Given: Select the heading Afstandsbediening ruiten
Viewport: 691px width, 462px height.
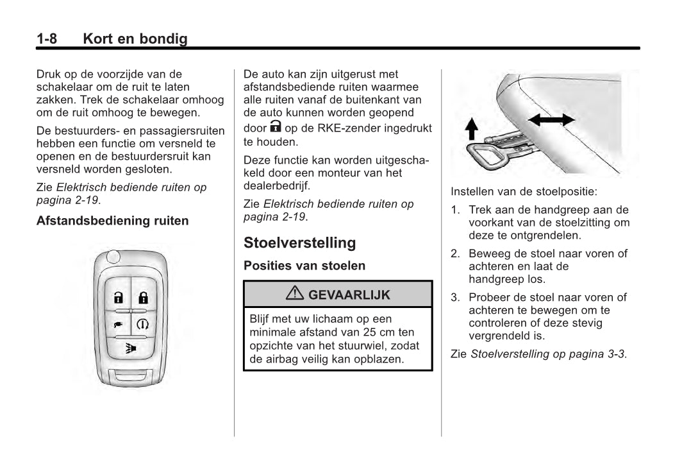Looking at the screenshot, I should click(113, 221).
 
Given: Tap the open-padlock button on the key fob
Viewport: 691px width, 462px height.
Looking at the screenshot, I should click(118, 297).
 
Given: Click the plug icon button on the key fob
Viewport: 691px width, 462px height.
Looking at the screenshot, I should click(118, 324).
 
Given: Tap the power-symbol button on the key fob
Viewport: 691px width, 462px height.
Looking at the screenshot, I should click(143, 324).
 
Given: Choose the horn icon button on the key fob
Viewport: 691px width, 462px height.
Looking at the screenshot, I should click(131, 348).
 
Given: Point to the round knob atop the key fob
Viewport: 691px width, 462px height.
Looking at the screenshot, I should click(113, 257).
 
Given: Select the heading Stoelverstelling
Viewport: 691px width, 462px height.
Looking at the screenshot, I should click(299, 243).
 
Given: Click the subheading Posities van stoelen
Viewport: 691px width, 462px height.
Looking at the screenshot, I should click(304, 266).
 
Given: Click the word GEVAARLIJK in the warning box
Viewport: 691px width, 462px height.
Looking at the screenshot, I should click(349, 295).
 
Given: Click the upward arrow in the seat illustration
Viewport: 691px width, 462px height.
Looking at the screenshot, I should click(471, 130).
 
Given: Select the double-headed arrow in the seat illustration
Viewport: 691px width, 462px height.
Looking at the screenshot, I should click(551, 119).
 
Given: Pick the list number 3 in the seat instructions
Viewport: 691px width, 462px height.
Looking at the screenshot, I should click(454, 297).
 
